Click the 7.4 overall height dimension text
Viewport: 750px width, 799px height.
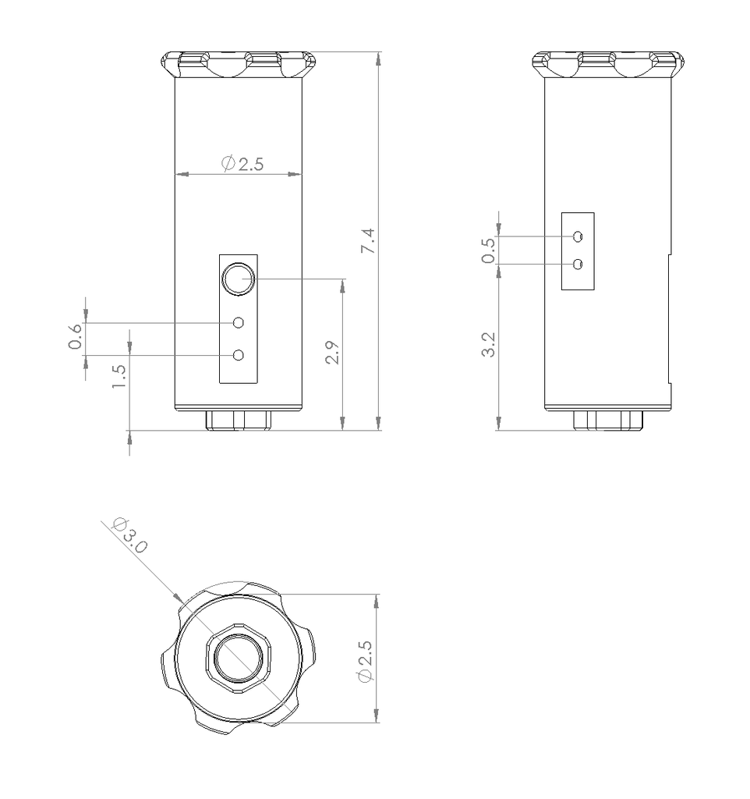pos(368,241)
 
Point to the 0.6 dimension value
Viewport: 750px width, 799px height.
pos(76,336)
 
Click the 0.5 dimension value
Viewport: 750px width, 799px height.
pos(489,250)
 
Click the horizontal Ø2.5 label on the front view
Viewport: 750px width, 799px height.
pos(243,164)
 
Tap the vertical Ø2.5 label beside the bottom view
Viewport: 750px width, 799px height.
pos(366,661)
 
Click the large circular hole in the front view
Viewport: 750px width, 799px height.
pos(237,279)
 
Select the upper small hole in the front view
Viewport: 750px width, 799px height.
pos(239,322)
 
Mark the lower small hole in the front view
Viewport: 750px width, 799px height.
pos(239,355)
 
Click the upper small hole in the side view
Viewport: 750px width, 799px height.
pos(578,236)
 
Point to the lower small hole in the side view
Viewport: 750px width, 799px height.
pos(578,265)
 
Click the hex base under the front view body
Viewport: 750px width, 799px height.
pos(239,421)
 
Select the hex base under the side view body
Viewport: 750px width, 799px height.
pos(607,421)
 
